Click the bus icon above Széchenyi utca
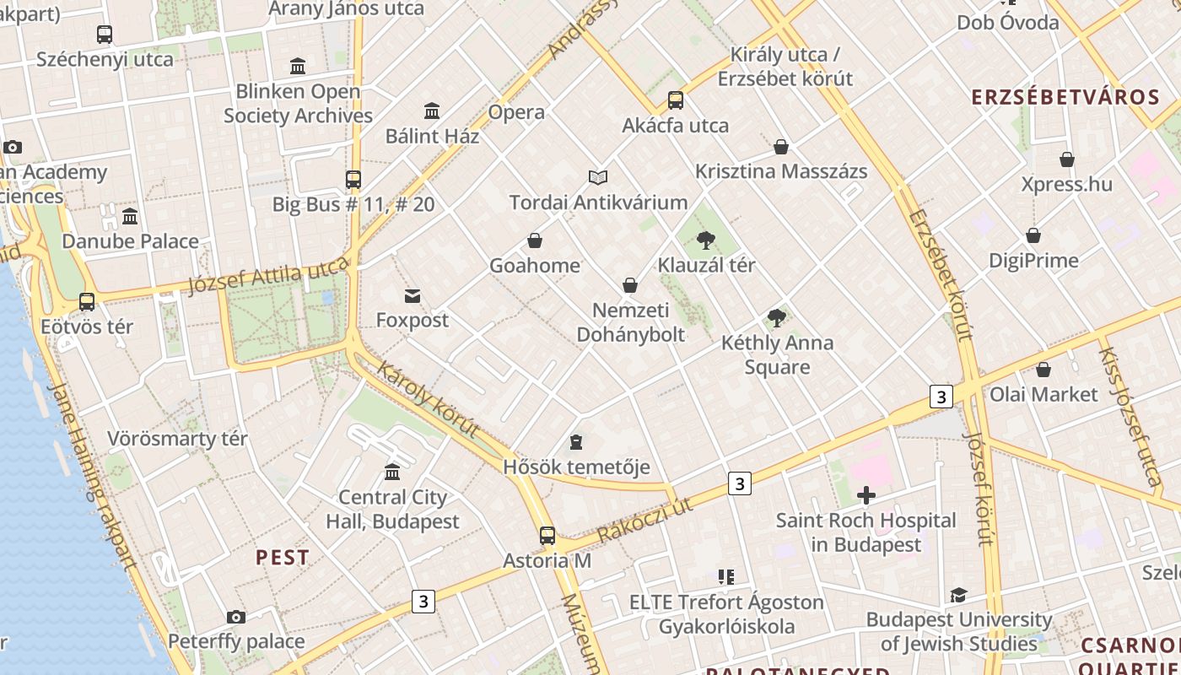105,35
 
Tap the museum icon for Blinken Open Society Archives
298,66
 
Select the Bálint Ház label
432,136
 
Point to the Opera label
516,112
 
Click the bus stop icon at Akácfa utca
676,100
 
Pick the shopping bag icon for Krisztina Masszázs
781,147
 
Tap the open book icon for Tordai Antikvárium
598,177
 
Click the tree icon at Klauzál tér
706,240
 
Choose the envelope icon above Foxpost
413,296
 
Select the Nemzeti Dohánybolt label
630,322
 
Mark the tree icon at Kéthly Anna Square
777,318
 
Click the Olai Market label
1043,394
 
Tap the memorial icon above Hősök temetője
576,442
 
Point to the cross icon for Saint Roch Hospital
866,495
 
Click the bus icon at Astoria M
547,536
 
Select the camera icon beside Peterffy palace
236,618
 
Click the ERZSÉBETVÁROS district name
1065,97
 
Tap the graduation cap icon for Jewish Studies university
958,596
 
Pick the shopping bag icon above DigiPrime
1033,235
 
